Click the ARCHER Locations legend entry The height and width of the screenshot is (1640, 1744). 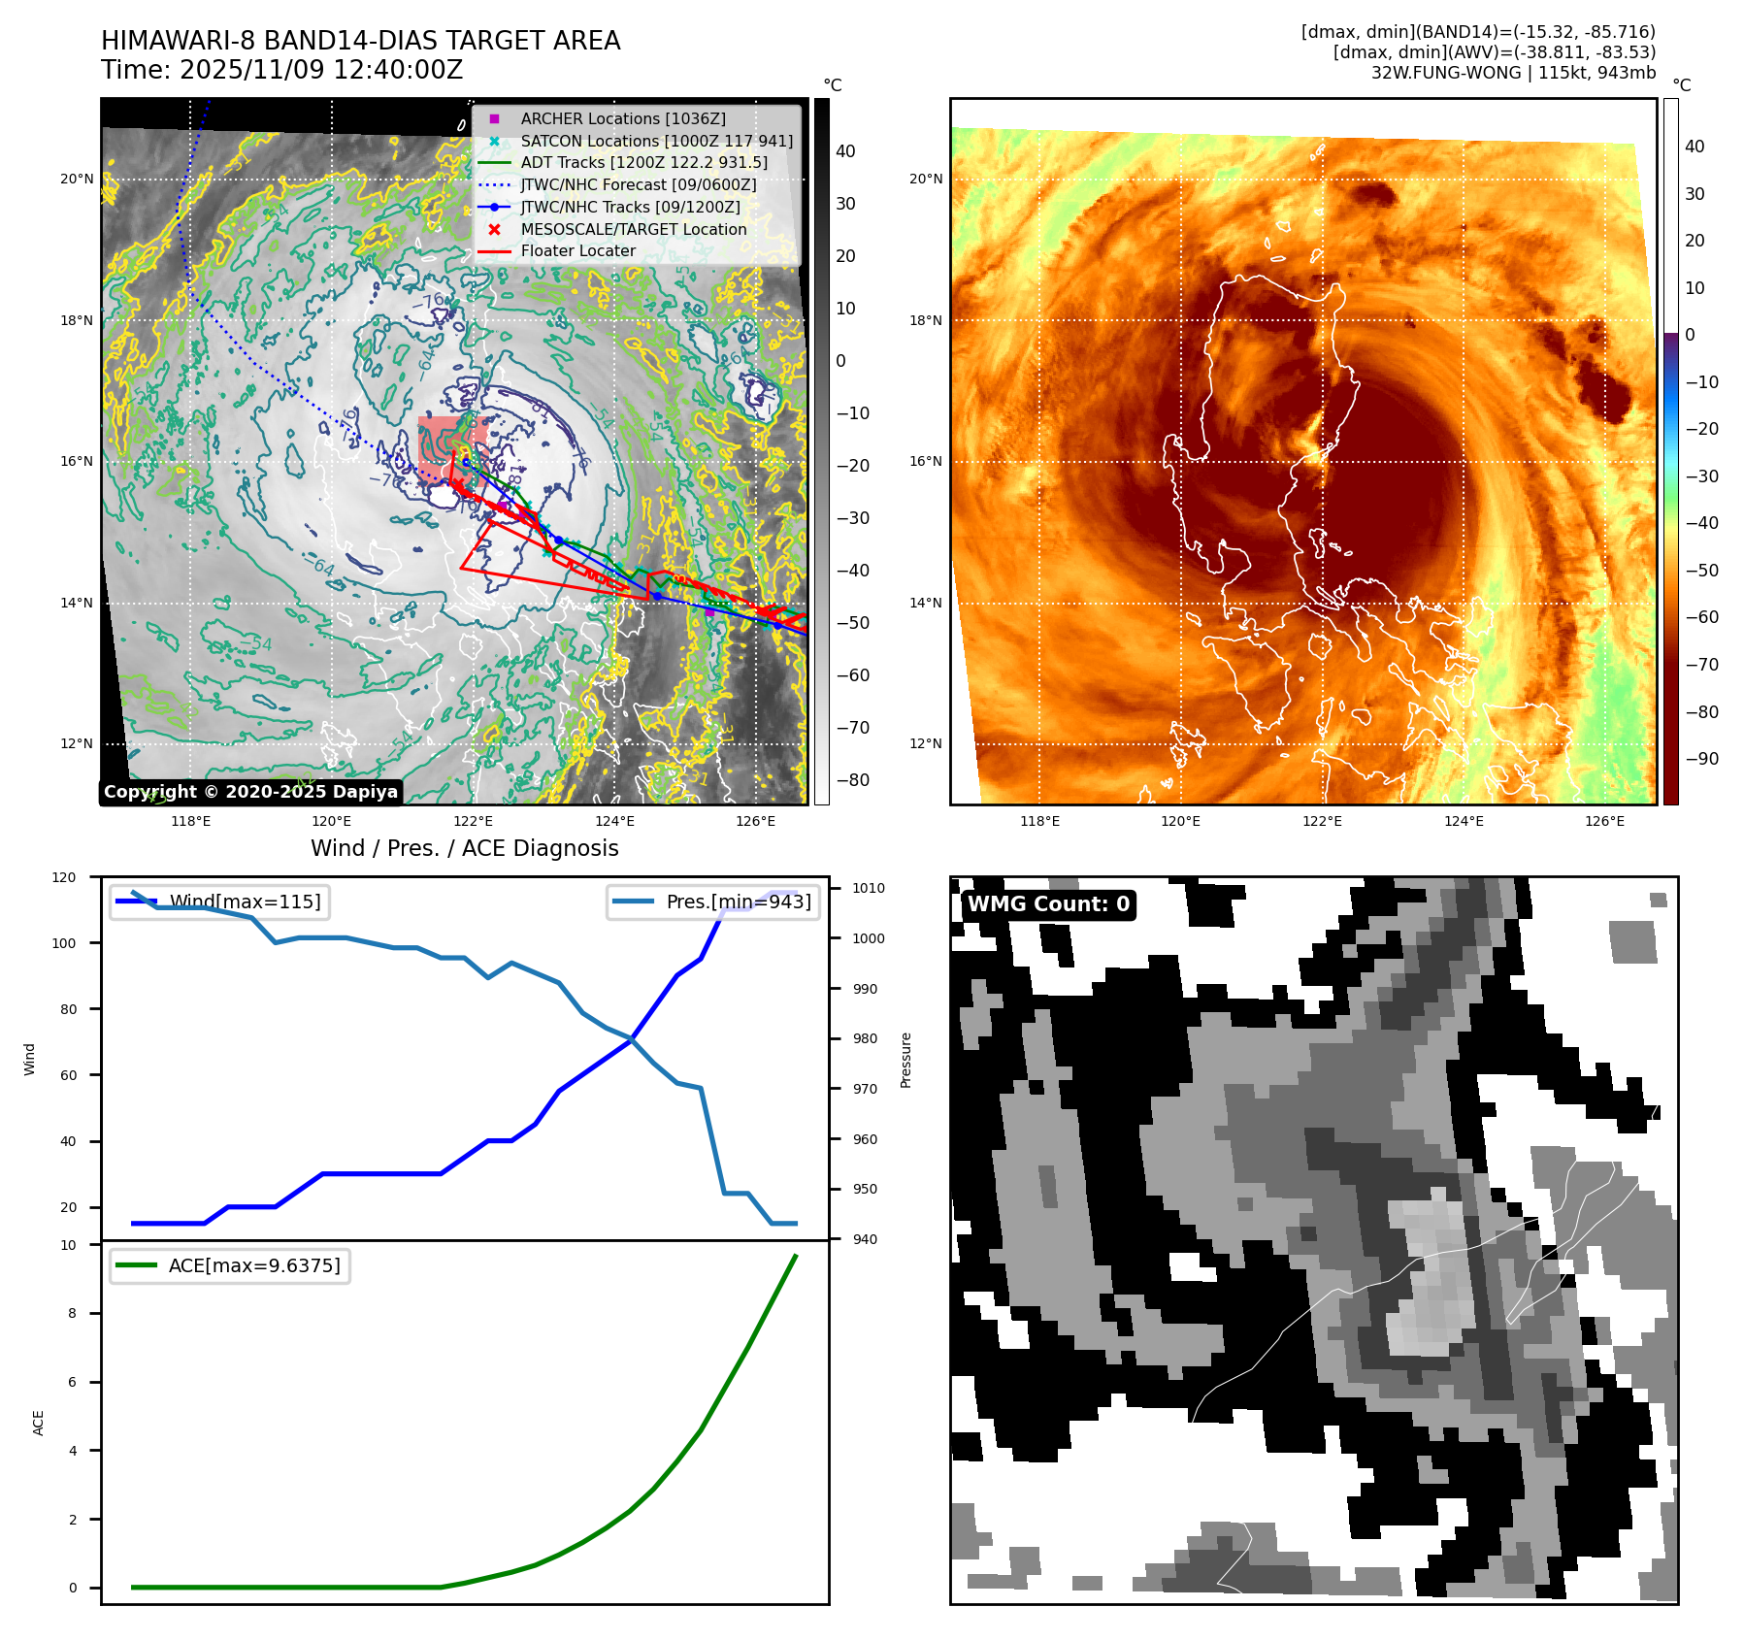tap(622, 118)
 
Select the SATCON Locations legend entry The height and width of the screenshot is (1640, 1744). tap(656, 141)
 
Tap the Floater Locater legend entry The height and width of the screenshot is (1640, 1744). tap(577, 250)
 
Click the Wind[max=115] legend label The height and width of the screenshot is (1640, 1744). tap(245, 902)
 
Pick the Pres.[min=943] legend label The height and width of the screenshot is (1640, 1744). tap(738, 902)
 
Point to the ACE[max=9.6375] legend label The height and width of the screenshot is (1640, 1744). tap(254, 1265)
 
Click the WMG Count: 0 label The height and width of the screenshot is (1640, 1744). tap(1048, 904)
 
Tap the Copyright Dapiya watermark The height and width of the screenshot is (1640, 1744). tap(250, 792)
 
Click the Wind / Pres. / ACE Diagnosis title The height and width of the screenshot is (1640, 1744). tap(464, 848)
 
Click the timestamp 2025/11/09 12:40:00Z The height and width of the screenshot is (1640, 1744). tap(321, 70)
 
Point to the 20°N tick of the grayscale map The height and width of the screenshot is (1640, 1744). tap(78, 179)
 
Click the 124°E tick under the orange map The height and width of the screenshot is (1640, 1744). tap(1463, 821)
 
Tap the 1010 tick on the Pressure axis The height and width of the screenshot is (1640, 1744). tap(868, 888)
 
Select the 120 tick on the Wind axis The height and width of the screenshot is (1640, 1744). tap(64, 877)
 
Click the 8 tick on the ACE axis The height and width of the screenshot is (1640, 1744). tap(72, 1313)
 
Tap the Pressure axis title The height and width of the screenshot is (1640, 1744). tap(905, 1060)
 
